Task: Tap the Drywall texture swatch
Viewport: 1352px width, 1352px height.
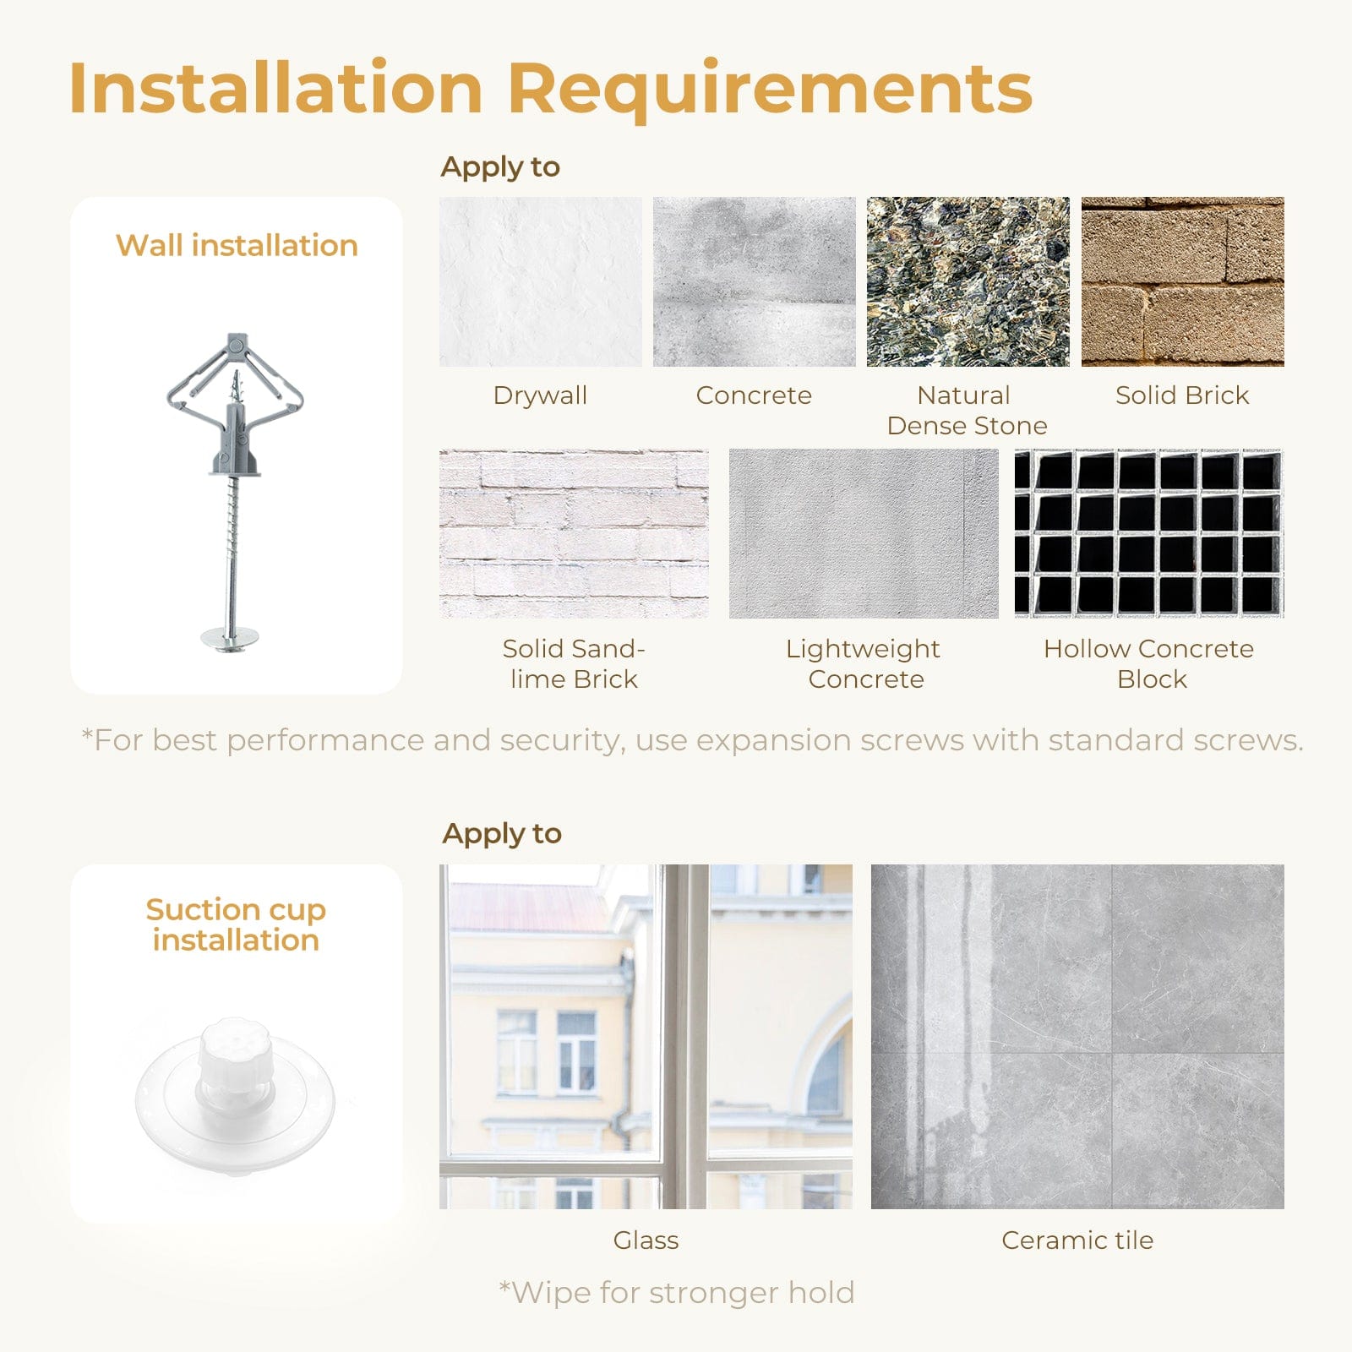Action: click(x=541, y=281)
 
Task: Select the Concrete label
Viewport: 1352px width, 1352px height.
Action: click(x=754, y=395)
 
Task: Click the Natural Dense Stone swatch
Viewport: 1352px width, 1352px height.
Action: click(x=968, y=281)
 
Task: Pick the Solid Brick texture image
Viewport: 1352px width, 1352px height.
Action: click(x=1183, y=281)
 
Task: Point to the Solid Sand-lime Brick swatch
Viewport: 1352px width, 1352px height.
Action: click(x=574, y=533)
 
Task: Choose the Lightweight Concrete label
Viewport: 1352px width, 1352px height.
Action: click(x=864, y=663)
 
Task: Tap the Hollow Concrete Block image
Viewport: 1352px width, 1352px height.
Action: click(x=1149, y=533)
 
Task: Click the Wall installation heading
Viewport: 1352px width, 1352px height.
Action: click(x=237, y=245)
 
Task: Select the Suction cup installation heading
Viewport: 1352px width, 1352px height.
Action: click(x=236, y=924)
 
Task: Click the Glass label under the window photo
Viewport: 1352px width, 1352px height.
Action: click(x=646, y=1240)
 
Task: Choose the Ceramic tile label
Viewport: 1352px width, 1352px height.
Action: click(x=1077, y=1240)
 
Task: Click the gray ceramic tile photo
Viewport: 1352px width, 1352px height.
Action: click(x=1077, y=1036)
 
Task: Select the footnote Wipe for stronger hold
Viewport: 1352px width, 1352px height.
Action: click(x=677, y=1292)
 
